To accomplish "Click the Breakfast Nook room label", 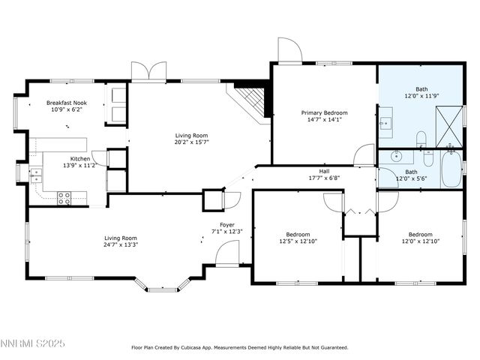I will [67, 103].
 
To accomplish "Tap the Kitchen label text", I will [80, 159].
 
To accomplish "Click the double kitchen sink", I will [35, 175].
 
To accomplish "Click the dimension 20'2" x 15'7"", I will [191, 142].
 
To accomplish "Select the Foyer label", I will [227, 224].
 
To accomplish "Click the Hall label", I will [324, 171].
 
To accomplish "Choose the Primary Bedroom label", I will [325, 112].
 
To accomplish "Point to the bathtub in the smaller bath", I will [452, 170].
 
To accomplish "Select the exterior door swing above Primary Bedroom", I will [289, 50].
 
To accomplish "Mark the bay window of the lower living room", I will [169, 286].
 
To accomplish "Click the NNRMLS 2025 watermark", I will [33, 343].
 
